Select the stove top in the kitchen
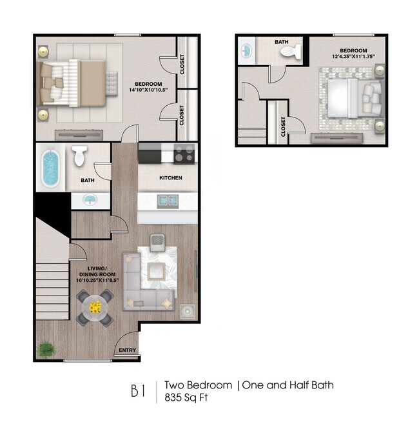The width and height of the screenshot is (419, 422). click(184, 155)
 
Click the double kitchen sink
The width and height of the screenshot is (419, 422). click(168, 201)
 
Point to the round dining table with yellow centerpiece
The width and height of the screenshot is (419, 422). click(95, 306)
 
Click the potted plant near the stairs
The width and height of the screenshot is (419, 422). click(47, 349)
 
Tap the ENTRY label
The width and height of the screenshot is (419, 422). click(127, 351)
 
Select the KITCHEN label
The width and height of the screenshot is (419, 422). click(171, 178)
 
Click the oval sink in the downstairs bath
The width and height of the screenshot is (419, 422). click(88, 199)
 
